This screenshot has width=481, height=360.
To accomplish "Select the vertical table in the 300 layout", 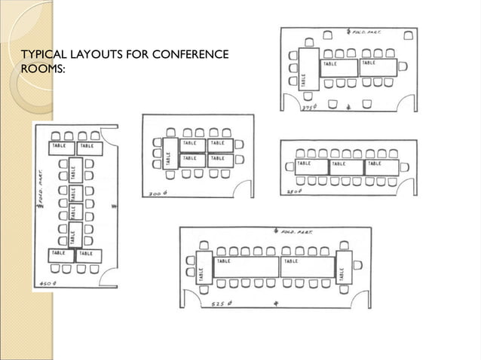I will pyautogui.click(x=169, y=154).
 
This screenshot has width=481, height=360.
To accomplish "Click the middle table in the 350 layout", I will pyautogui.click(x=347, y=166).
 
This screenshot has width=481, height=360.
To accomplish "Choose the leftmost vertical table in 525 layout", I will pyautogui.click(x=202, y=267).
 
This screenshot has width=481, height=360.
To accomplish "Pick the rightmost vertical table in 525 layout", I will pyautogui.click(x=344, y=267).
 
